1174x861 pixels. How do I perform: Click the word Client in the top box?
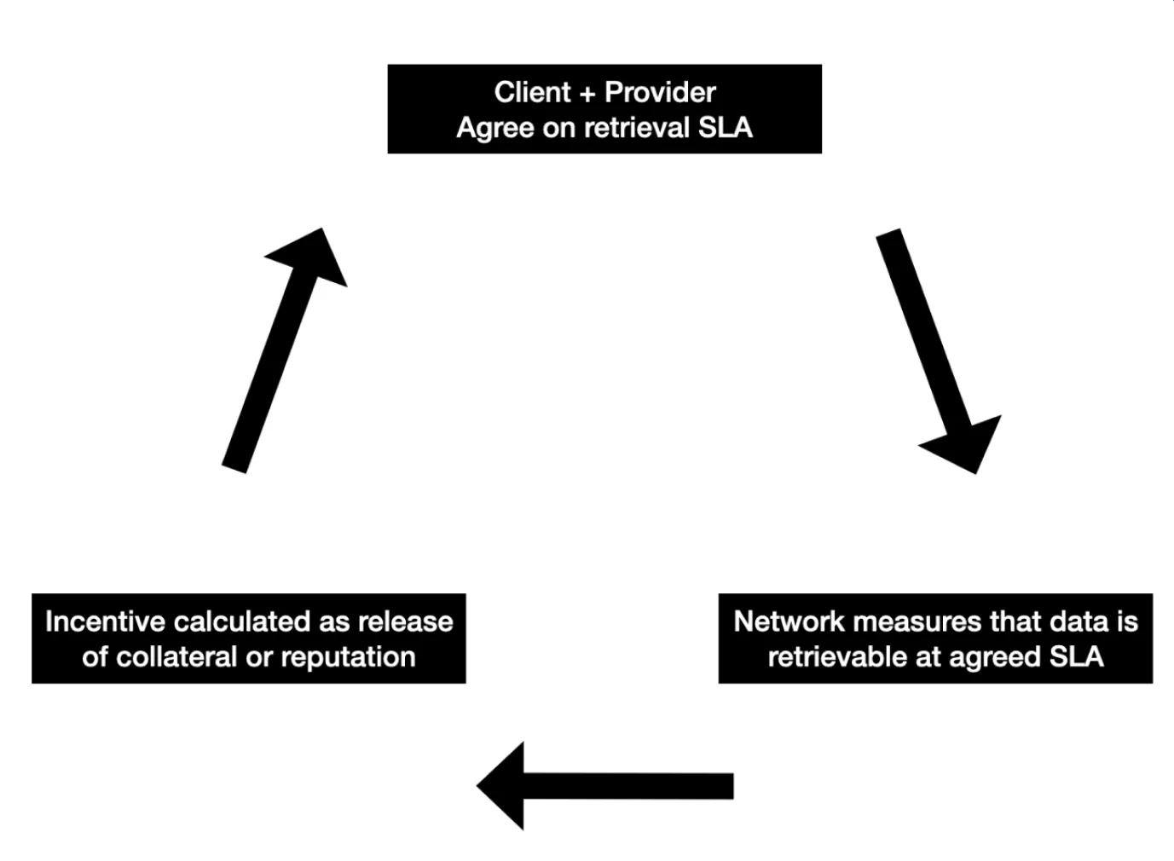(532, 92)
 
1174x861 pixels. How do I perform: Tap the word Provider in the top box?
(660, 92)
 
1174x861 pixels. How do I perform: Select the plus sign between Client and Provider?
(587, 93)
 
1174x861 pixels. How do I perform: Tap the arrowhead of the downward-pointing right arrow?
(965, 443)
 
